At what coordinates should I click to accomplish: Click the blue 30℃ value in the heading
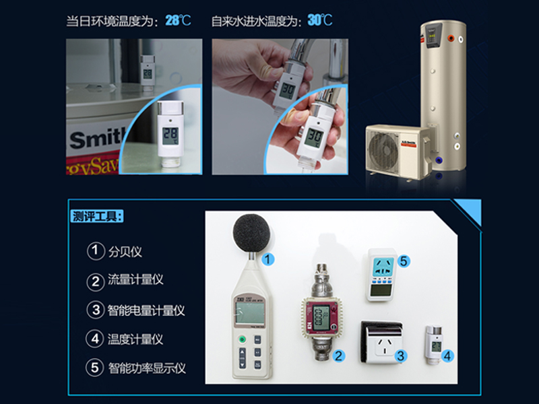point(320,20)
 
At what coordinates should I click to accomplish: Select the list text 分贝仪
point(125,252)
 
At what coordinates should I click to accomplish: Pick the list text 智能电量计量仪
point(146,310)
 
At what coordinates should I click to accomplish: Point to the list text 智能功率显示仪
point(146,368)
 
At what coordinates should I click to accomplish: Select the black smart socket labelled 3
point(382,343)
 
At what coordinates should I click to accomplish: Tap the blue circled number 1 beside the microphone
point(268,258)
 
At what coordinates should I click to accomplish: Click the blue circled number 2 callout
point(340,356)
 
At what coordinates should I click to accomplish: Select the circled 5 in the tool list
point(96,368)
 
